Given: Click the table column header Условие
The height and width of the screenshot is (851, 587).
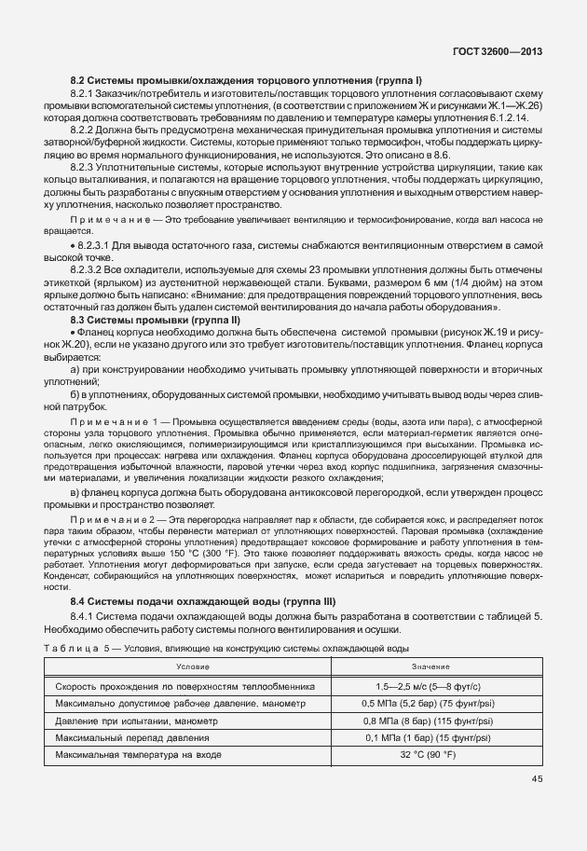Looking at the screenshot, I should point(196,666).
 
